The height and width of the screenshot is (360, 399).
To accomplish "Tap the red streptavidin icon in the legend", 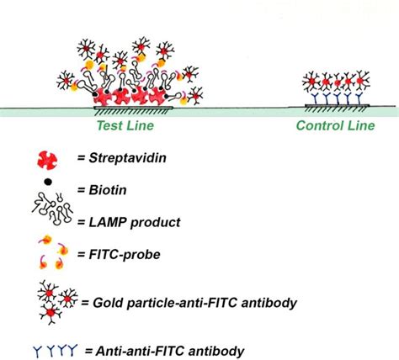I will [x=48, y=157].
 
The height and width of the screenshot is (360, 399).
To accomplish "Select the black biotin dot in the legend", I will [x=47, y=182].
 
